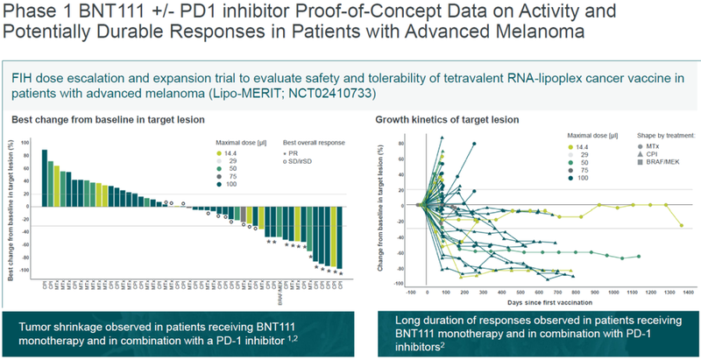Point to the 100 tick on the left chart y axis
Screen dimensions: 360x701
pyautogui.click(x=28, y=141)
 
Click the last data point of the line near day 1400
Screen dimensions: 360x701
pyautogui.click(x=681, y=226)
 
